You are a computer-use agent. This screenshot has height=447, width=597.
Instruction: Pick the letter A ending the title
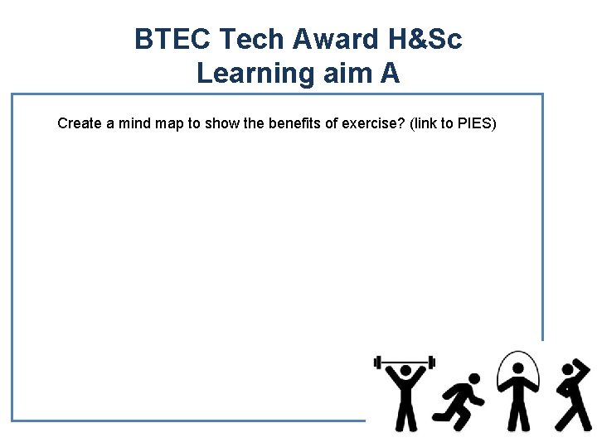[x=390, y=74]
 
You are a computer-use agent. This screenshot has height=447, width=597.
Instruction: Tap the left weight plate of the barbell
[x=377, y=362]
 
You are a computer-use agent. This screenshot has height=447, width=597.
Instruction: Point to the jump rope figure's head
[x=518, y=370]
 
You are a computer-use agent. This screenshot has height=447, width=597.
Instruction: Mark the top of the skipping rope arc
[x=518, y=353]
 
